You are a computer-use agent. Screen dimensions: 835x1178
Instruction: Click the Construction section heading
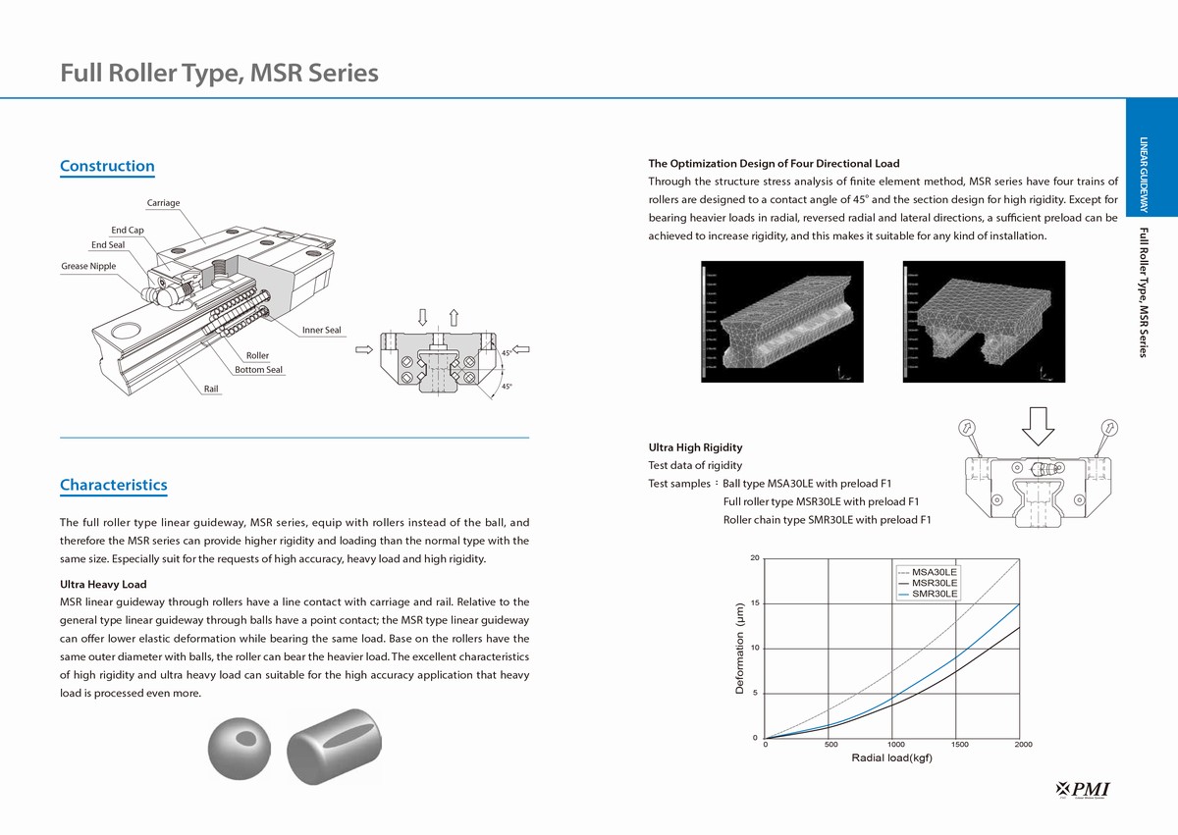coord(107,166)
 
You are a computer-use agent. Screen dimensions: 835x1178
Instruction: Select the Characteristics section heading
coord(113,485)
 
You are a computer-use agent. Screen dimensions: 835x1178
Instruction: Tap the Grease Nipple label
coord(88,266)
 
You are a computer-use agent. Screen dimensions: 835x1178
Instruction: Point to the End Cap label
coord(128,230)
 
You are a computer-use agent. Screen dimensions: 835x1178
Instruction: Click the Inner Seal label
coord(322,330)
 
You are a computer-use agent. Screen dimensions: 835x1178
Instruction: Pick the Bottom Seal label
coord(258,370)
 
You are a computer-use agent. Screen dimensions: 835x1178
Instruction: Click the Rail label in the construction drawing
coord(211,390)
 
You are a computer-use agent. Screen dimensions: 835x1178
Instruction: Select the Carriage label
coord(163,203)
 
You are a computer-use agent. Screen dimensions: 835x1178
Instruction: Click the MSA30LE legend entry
coord(934,571)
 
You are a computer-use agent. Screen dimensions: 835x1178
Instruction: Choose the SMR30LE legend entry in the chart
coord(934,594)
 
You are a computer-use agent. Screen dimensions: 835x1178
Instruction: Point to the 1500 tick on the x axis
coord(959,745)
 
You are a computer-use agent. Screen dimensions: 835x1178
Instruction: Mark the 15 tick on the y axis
coord(754,603)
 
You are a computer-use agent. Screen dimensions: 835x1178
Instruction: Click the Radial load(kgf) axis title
coord(891,758)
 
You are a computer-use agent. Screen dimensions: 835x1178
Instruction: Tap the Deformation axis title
coord(741,649)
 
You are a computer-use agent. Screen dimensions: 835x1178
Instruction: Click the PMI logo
coord(1089,789)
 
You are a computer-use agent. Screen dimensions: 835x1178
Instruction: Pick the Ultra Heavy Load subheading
coord(103,585)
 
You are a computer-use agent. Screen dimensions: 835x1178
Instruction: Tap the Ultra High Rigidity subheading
coord(695,447)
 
